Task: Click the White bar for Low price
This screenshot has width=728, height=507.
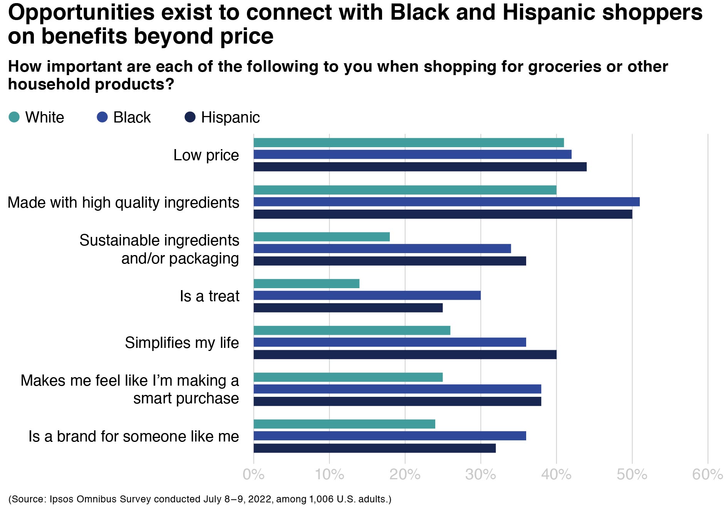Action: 408,143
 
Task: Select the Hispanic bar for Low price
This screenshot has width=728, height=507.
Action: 420,167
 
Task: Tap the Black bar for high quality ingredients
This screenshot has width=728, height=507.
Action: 446,202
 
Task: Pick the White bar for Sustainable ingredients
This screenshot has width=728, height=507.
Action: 322,237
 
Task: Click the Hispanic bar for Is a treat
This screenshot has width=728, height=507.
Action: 348,308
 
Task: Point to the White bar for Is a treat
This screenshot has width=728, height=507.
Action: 306,284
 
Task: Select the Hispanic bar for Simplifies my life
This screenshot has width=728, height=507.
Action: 405,354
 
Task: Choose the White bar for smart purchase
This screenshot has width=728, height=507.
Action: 348,377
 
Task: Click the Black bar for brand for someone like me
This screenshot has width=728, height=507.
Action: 389,436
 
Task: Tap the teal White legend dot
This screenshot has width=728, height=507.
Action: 14,117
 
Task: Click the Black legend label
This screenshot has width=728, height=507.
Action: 132,118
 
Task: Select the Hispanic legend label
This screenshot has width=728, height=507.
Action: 230,118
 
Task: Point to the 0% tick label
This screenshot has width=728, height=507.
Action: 253,475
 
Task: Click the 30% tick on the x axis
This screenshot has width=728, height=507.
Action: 480,475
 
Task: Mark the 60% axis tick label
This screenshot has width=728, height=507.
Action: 707,475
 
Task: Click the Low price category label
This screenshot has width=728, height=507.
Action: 206,155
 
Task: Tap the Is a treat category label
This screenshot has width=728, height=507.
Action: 210,296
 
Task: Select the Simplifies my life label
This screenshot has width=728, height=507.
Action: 182,343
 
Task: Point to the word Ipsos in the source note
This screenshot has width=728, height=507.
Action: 62,499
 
